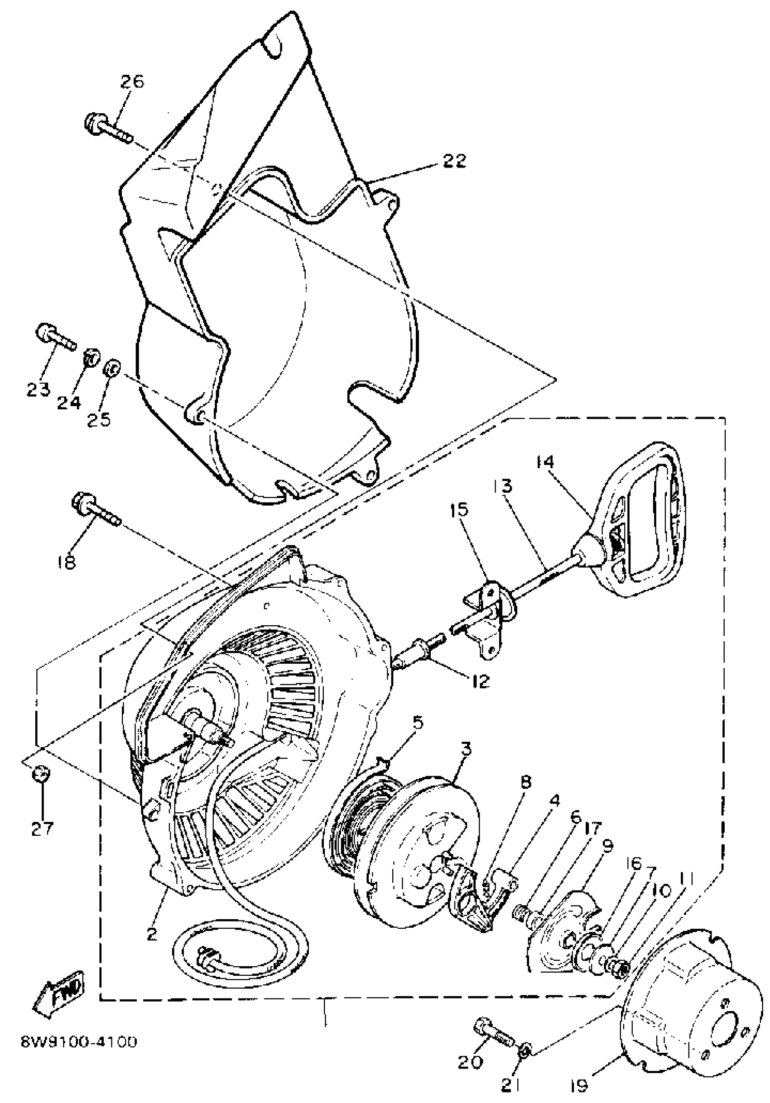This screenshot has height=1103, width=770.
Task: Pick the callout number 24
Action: pos(69,403)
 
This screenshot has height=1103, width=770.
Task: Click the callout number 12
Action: pos(479,681)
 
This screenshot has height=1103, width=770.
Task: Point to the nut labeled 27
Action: pos(40,774)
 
